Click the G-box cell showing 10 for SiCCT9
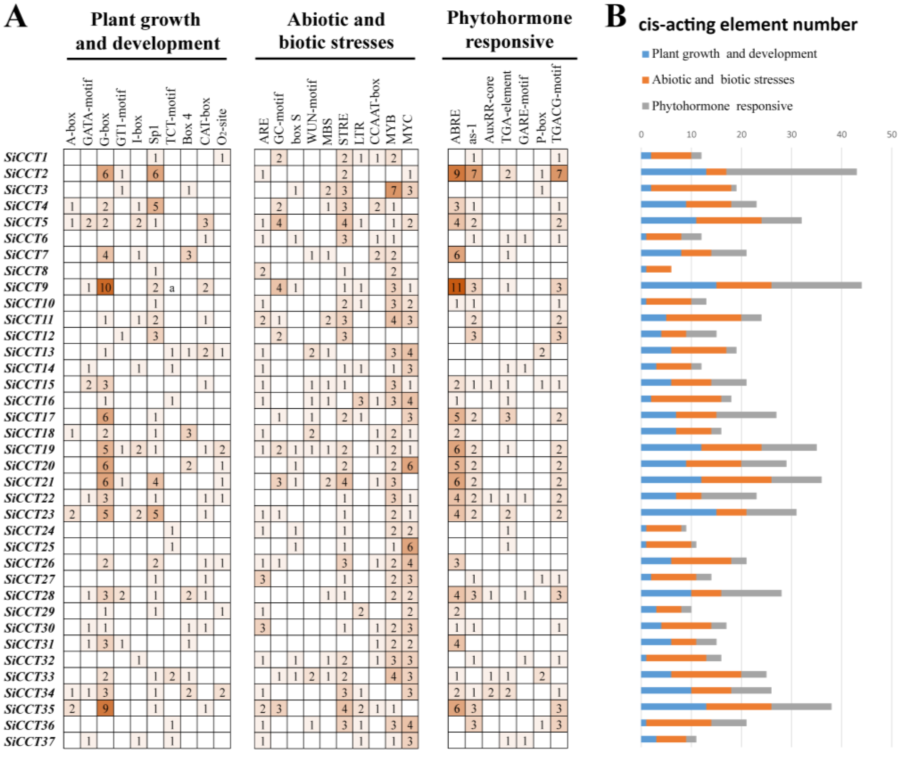(105, 287)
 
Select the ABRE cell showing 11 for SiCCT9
(456, 287)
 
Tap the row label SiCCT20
(29, 466)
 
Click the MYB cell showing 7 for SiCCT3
(393, 190)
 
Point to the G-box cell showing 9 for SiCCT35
(105, 709)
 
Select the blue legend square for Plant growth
(645, 54)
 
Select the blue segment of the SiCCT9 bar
(678, 285)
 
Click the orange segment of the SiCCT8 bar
(658, 269)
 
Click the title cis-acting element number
(748, 25)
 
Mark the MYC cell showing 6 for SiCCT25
(410, 547)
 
